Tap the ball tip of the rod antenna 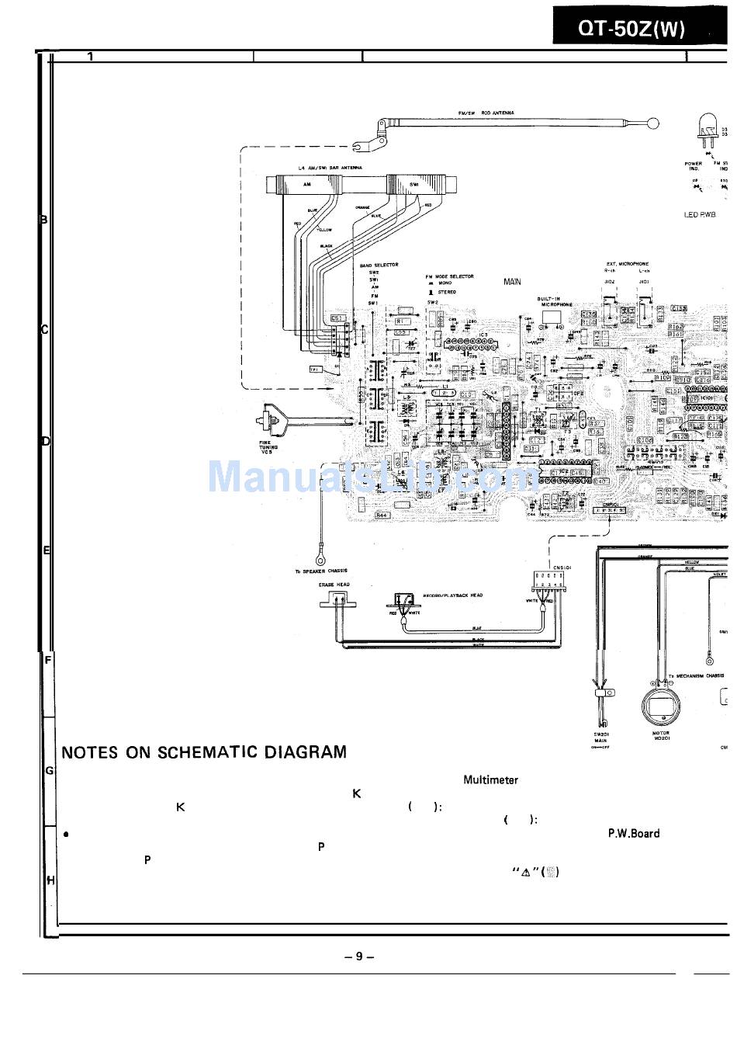653,123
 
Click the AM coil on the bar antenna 307,185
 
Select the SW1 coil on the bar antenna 414,185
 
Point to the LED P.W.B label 700,215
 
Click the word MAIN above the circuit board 512,282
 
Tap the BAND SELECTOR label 379,266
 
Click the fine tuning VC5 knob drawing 275,422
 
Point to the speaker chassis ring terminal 319,556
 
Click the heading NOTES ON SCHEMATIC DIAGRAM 204,752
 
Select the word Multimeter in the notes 490,779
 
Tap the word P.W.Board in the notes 633,833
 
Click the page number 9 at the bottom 359,956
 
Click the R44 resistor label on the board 382,515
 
